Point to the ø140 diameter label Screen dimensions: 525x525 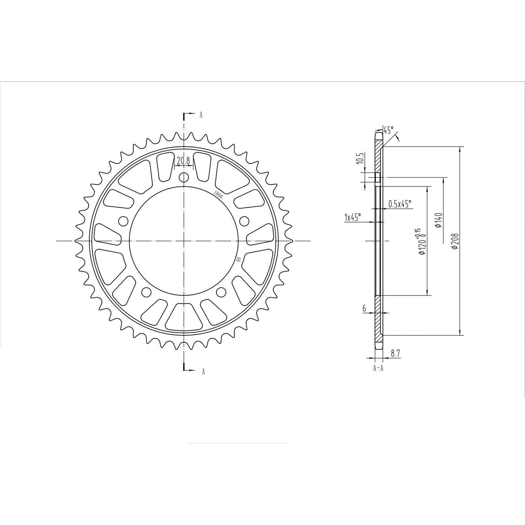439,220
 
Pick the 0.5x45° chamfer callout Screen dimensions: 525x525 399,204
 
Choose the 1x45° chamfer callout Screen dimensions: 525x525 352,217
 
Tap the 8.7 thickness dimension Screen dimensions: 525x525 395,353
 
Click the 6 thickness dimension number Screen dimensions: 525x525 364,308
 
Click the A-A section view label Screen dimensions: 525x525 378,368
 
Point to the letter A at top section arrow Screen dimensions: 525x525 201,115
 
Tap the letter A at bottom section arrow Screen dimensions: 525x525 203,372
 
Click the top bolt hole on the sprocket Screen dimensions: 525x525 184,178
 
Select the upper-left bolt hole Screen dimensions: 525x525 123,221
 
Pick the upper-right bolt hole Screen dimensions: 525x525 244,221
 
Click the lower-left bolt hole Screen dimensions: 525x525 146,292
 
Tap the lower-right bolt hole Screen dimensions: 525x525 221,292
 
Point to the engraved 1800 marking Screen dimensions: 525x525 218,195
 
